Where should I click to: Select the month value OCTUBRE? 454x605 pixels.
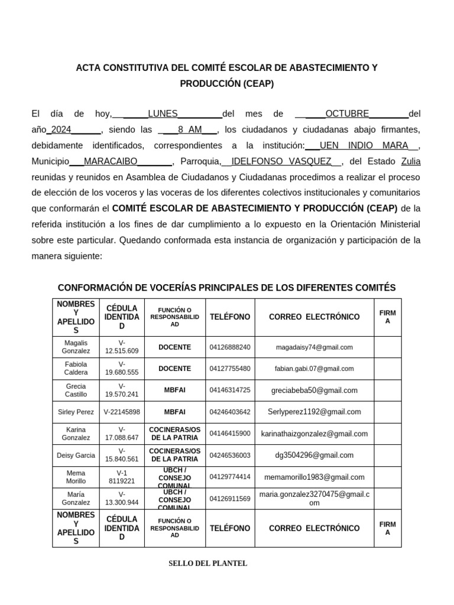pos(347,113)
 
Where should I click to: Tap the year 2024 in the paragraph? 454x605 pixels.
pos(61,129)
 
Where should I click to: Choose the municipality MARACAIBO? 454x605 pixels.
pos(111,161)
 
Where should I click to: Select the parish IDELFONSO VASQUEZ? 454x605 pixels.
pos(281,161)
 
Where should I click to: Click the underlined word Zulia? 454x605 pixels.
pos(411,161)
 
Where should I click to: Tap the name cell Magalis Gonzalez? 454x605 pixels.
pos(76,347)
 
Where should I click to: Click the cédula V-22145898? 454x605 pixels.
pos(122,412)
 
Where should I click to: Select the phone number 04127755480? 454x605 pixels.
pos(230,369)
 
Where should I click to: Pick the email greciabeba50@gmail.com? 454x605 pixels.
pos(314,390)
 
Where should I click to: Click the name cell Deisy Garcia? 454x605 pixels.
pos(76,455)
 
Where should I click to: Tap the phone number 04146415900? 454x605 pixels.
pos(230,434)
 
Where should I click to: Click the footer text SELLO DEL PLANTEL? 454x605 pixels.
pos(207,563)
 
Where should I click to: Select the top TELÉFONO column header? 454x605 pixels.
pos(230,317)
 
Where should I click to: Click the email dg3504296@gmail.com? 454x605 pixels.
pos(314,455)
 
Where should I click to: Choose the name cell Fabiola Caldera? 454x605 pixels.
pos(76,369)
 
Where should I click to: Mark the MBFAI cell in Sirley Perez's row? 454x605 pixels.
pos(174,412)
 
